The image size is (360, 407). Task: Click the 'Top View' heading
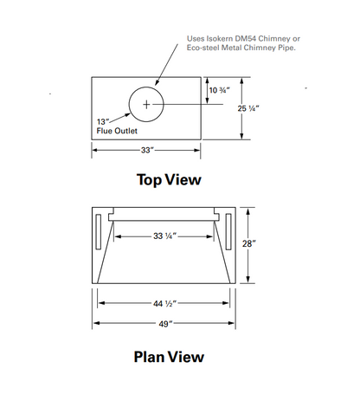pos(169,180)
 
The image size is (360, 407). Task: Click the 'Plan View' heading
pos(169,357)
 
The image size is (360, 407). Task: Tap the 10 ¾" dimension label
pos(219,90)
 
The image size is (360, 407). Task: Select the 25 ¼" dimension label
pos(248,108)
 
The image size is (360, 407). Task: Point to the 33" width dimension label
pos(147,150)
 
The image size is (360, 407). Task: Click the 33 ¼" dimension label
pos(164,236)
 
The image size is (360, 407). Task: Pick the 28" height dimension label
pos(248,244)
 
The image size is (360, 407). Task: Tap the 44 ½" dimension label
pos(164,304)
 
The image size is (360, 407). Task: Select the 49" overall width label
pos(165,324)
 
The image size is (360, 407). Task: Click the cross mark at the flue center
pos(146,104)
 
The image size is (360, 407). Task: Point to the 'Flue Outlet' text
pos(117,131)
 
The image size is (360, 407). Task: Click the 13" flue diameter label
pos(103,122)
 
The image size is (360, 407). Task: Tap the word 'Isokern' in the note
pos(220,39)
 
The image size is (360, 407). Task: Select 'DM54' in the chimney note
pos(246,39)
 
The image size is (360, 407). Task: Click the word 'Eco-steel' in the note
pos(202,48)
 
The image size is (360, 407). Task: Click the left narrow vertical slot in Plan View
pos(98,231)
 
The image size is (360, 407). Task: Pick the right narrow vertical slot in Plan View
pos(228,231)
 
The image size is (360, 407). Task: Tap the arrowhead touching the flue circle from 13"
pos(127,115)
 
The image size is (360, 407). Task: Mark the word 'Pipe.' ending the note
pos(287,48)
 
